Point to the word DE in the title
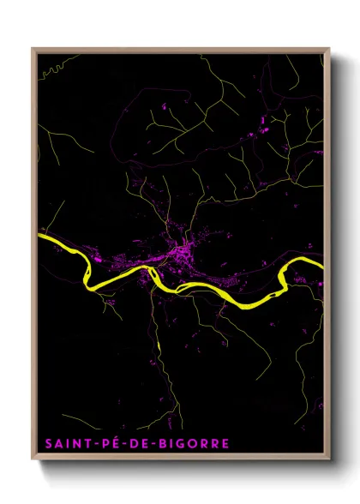(x=129, y=444)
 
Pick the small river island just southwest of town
(x=153, y=273)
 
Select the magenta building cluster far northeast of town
(x=261, y=129)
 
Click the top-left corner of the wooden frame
(x=33, y=49)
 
